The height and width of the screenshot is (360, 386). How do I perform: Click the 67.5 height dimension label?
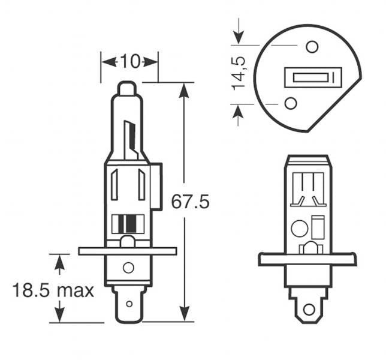click(190, 202)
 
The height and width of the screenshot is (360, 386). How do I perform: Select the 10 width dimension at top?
click(129, 61)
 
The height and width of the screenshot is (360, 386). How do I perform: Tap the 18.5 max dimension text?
click(53, 291)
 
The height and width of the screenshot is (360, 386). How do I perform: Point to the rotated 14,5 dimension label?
click(240, 73)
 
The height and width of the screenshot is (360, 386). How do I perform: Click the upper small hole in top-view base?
click(311, 46)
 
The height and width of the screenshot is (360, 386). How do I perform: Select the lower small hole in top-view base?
click(291, 103)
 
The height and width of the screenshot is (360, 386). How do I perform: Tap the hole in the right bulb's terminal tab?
click(309, 310)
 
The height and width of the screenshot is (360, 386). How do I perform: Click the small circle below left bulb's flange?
click(128, 268)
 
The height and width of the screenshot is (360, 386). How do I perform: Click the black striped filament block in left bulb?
click(128, 223)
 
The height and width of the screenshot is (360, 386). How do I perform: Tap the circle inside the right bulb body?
click(298, 229)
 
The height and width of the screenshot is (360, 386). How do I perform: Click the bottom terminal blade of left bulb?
click(128, 304)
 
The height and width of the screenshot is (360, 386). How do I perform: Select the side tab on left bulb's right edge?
click(156, 187)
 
